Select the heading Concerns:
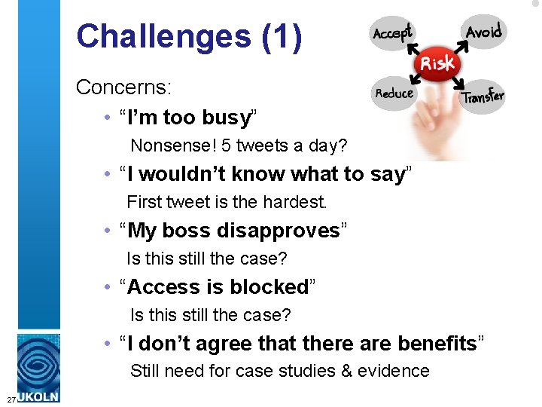124,87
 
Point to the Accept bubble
392,33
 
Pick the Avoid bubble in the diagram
483,32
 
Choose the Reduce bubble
394,94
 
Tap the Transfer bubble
483,96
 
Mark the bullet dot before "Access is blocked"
110,288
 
